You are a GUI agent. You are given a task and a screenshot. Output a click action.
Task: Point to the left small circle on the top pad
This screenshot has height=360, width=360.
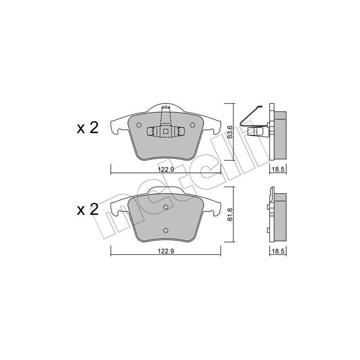coord(139,125)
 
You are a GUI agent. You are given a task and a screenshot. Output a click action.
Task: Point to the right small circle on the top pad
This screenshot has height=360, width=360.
coord(193,125)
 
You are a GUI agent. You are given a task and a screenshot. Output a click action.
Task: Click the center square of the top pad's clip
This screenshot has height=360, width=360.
coord(166,131)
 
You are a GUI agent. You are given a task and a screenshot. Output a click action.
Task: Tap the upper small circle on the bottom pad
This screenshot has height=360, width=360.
coord(166,207)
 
